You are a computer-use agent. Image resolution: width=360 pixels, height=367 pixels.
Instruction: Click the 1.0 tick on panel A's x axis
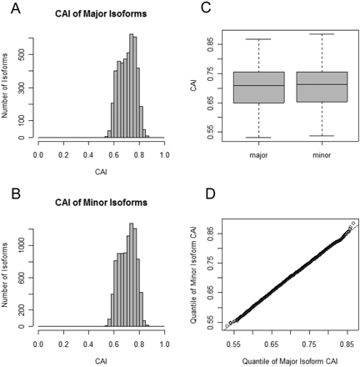click(164, 155)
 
